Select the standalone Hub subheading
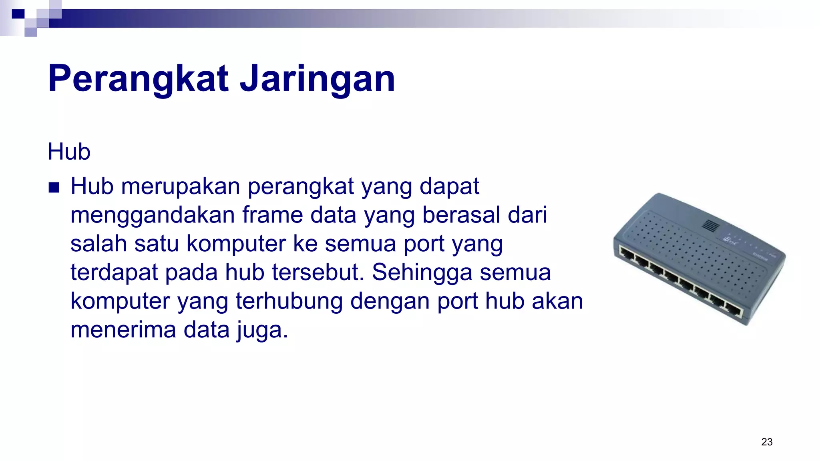coord(69,152)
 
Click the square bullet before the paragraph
coord(54,187)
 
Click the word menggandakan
coord(153,215)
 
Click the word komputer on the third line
coord(236,244)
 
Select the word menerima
coord(123,330)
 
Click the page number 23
coord(767,442)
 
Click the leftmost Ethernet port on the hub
coord(625,253)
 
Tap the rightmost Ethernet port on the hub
coord(734,310)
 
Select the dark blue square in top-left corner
coord(18,14)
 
